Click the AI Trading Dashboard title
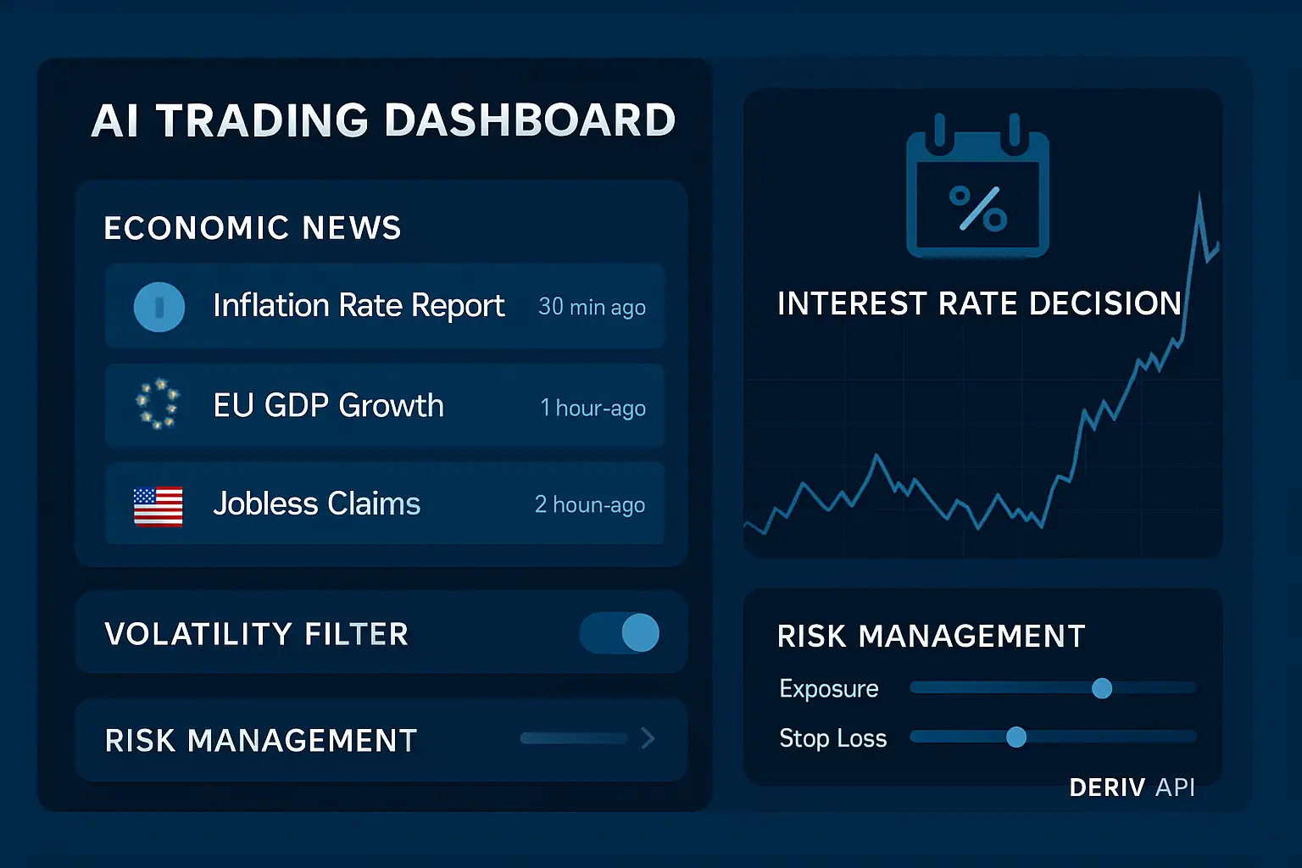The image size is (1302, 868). point(383,120)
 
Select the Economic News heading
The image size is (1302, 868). point(252,228)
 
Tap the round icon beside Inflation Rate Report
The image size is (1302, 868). point(159,306)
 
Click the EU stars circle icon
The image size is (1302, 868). point(159,403)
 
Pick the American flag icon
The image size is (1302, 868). point(159,506)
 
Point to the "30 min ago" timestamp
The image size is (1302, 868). point(592,307)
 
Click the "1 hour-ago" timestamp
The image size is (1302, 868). point(593,408)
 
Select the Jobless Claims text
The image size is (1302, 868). point(316,504)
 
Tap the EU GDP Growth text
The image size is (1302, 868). point(328,406)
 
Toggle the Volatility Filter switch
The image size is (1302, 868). point(620,633)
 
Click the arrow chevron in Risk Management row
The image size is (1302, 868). point(648,738)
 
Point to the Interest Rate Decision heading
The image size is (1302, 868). point(979,303)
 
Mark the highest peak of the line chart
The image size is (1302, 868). point(1199,196)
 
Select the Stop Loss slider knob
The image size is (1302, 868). point(1015,737)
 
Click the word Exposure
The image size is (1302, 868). point(828,688)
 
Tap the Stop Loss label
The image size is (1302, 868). point(832,738)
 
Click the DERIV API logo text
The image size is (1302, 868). point(1132,787)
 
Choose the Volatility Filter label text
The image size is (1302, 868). point(256,634)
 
